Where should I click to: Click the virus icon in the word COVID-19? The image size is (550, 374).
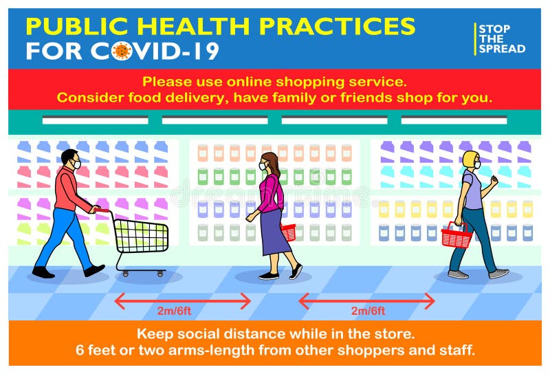[x=122, y=51]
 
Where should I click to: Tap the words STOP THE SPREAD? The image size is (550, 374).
[x=501, y=39]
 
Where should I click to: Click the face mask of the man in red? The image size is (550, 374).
[x=76, y=164]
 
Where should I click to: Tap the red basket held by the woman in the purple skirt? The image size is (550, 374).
[x=289, y=232]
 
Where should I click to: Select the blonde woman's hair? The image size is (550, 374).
[x=469, y=159]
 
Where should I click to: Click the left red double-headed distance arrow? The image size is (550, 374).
[x=183, y=300]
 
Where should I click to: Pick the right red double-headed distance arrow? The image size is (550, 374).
[x=366, y=300]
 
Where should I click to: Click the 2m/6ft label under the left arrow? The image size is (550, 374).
[x=175, y=311]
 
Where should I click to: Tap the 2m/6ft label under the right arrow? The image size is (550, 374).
[x=368, y=311]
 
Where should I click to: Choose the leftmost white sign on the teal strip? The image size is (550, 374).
[x=95, y=120]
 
